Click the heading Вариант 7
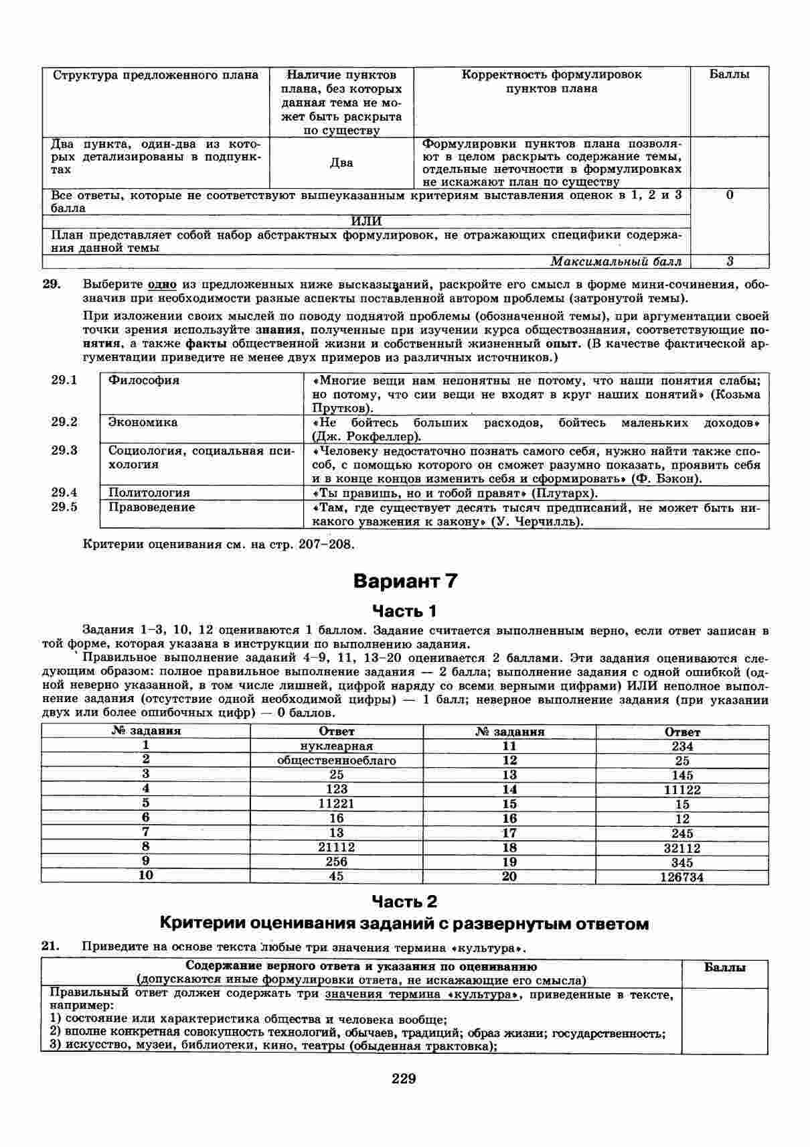[x=405, y=581]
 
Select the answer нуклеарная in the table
[x=337, y=746]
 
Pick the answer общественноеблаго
[x=337, y=760]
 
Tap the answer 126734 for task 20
[x=681, y=877]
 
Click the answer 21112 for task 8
[x=337, y=848]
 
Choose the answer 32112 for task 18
[x=681, y=848]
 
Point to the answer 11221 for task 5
[x=337, y=803]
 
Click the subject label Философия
[x=144, y=381]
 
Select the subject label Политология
[x=149, y=493]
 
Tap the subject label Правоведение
[x=152, y=507]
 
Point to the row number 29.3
[x=64, y=450]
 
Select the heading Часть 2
[x=404, y=901]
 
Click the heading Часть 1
[x=404, y=610]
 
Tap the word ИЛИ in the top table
[x=366, y=222]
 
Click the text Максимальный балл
[x=616, y=261]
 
